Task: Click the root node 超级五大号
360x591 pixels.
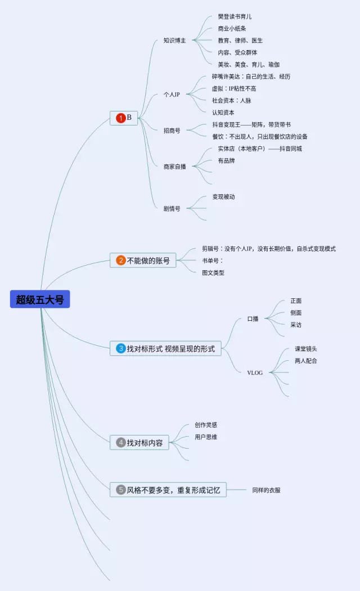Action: [40, 299]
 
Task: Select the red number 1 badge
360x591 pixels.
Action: [120, 118]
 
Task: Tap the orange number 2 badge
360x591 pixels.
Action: [120, 261]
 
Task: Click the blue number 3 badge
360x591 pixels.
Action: [120, 349]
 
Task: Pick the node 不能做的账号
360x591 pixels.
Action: [148, 261]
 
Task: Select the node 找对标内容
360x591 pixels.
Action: [145, 443]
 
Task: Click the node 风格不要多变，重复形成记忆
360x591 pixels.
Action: [174, 490]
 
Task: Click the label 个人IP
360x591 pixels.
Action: [172, 94]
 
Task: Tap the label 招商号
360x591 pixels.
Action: [172, 130]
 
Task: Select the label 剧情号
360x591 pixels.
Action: [172, 208]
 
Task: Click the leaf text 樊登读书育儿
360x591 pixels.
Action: [235, 17]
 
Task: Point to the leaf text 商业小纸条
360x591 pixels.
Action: [232, 29]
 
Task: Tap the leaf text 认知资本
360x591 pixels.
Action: [223, 113]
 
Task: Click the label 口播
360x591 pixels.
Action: [253, 319]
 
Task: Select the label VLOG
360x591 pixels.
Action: [255, 373]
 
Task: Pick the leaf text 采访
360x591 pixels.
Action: [296, 325]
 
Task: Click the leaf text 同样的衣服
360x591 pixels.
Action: [266, 490]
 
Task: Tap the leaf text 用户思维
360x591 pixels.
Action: [206, 437]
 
